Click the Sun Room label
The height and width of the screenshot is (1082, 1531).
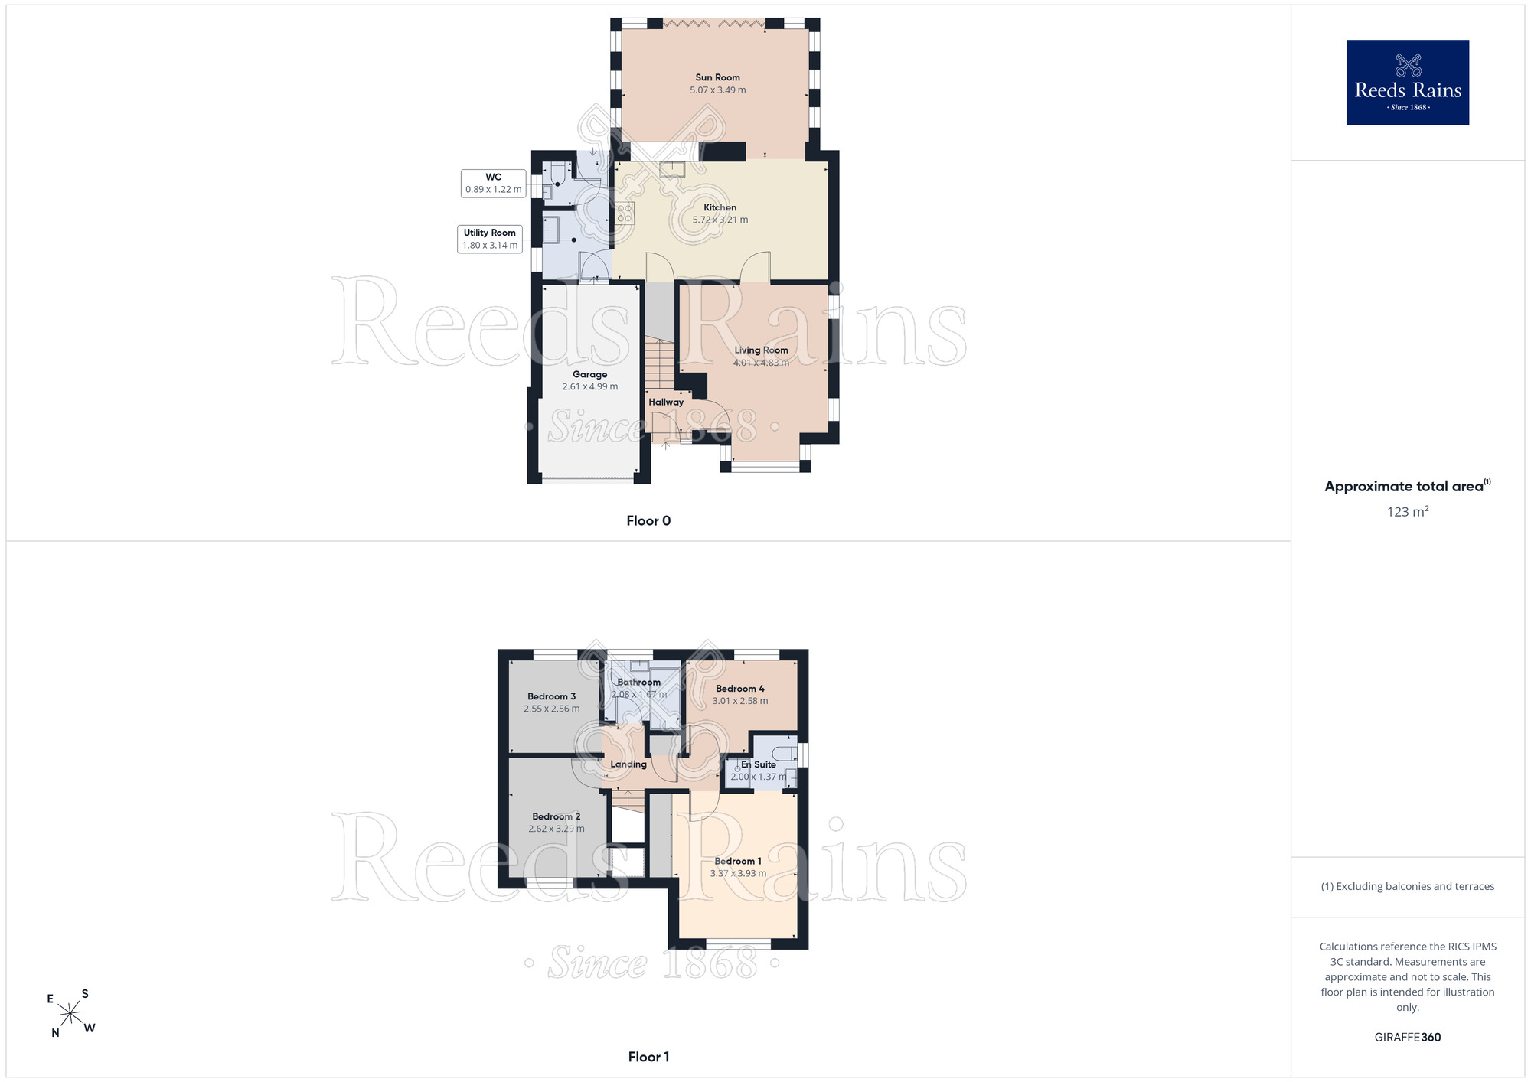click(x=717, y=77)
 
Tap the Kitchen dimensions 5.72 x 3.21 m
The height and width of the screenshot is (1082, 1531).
click(x=720, y=220)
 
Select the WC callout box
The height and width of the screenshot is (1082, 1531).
click(x=494, y=184)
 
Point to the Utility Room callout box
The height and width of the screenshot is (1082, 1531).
click(x=490, y=239)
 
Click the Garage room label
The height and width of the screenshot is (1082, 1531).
click(x=589, y=374)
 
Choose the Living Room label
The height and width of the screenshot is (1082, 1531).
click(x=761, y=350)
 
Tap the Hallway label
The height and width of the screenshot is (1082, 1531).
click(x=666, y=402)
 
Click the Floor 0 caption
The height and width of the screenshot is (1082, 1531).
click(x=648, y=520)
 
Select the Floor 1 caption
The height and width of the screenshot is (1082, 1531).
click(x=648, y=1057)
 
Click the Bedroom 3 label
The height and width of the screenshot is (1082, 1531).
click(x=551, y=696)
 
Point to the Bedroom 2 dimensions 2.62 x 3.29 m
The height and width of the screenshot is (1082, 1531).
click(x=557, y=829)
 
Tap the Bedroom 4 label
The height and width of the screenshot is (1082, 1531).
click(x=740, y=689)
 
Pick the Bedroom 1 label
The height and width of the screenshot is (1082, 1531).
click(x=738, y=861)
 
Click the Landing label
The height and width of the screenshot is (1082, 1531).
click(x=628, y=764)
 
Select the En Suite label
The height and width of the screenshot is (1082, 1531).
click(x=759, y=764)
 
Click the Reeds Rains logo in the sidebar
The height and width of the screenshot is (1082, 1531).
click(x=1408, y=83)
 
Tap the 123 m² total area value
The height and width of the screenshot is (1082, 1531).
click(x=1408, y=511)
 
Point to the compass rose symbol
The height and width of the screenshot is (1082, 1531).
click(x=70, y=1013)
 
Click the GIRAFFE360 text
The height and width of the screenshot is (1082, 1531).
click(x=1408, y=1038)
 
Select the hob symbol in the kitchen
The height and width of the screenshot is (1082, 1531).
click(x=625, y=213)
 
